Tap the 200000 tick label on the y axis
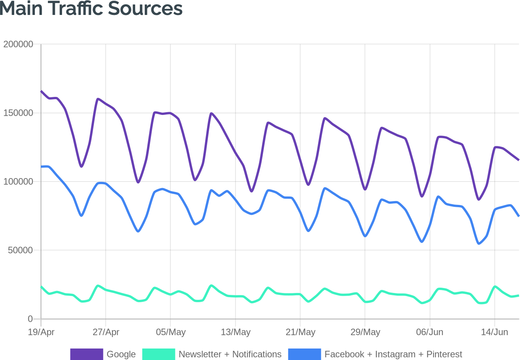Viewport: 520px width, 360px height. [18, 44]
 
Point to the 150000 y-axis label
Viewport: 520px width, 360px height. [18, 113]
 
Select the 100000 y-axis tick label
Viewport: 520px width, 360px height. [18, 182]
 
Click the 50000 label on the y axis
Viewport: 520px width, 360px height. [20, 250]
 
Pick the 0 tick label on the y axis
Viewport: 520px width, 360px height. [30, 319]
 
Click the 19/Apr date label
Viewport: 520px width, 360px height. [41, 332]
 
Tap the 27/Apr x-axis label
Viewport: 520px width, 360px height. [106, 332]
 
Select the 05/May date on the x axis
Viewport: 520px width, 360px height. [170, 332]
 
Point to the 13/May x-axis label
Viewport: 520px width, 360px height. [235, 332]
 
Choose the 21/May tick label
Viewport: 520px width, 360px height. [300, 332]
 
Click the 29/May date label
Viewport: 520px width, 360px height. [365, 332]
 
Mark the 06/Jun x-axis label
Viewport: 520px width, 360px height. [430, 332]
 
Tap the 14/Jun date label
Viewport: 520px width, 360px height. [494, 332]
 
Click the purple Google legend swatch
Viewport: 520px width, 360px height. [87, 354]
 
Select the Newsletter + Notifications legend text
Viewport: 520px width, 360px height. [230, 354]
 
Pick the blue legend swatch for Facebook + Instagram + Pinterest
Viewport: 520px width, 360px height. [304, 354]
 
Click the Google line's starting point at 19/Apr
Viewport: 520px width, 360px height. [41, 91]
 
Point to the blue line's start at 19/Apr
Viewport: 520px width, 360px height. [41, 167]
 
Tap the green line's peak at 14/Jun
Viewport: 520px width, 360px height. [495, 286]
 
